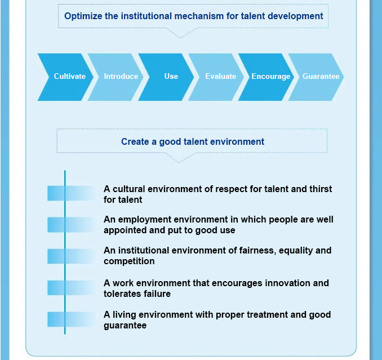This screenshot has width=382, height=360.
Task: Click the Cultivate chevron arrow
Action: (x=66, y=77)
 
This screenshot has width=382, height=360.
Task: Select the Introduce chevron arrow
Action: (x=116, y=77)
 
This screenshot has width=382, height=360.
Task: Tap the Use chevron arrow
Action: (x=166, y=77)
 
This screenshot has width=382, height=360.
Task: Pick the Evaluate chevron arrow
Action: (x=216, y=77)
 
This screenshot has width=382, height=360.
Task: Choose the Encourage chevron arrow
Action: (x=266, y=77)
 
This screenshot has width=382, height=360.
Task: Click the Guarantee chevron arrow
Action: (x=316, y=77)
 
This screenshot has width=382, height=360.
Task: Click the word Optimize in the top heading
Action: (x=83, y=16)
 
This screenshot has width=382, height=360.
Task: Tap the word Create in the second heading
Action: (x=135, y=141)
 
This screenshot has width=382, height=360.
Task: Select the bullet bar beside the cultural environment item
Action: (x=71, y=193)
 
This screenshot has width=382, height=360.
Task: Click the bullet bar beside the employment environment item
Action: (x=71, y=225)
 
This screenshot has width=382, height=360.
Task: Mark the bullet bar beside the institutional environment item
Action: (x=71, y=256)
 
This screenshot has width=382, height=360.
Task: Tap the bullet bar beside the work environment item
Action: (x=71, y=288)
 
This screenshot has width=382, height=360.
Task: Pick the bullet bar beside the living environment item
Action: (x=71, y=319)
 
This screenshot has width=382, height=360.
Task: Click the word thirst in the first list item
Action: (x=321, y=189)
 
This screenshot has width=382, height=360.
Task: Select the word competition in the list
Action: (x=129, y=261)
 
